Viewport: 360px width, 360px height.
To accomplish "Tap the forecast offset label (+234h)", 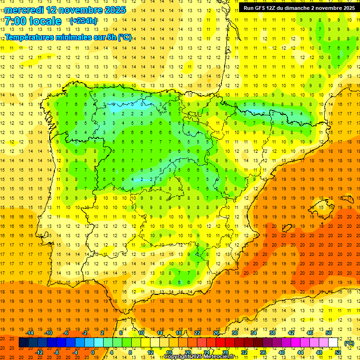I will [x=83, y=21].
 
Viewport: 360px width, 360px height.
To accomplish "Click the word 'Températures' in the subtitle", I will [x=30, y=37].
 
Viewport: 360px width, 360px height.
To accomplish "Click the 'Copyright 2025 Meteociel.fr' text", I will [x=199, y=357].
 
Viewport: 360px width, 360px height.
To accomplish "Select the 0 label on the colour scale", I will [x=92, y=352].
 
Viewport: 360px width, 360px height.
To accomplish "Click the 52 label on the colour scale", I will [x=338, y=352].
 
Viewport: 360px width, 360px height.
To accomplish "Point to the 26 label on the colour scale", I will [x=216, y=333].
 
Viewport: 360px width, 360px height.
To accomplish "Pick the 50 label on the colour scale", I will [x=329, y=333].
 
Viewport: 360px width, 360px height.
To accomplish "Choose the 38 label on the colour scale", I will [x=272, y=333].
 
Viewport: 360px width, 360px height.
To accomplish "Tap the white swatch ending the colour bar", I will [x=333, y=343].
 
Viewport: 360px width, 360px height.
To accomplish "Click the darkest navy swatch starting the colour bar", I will [x=23, y=343].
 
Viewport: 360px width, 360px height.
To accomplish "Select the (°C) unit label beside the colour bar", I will [x=349, y=343].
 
